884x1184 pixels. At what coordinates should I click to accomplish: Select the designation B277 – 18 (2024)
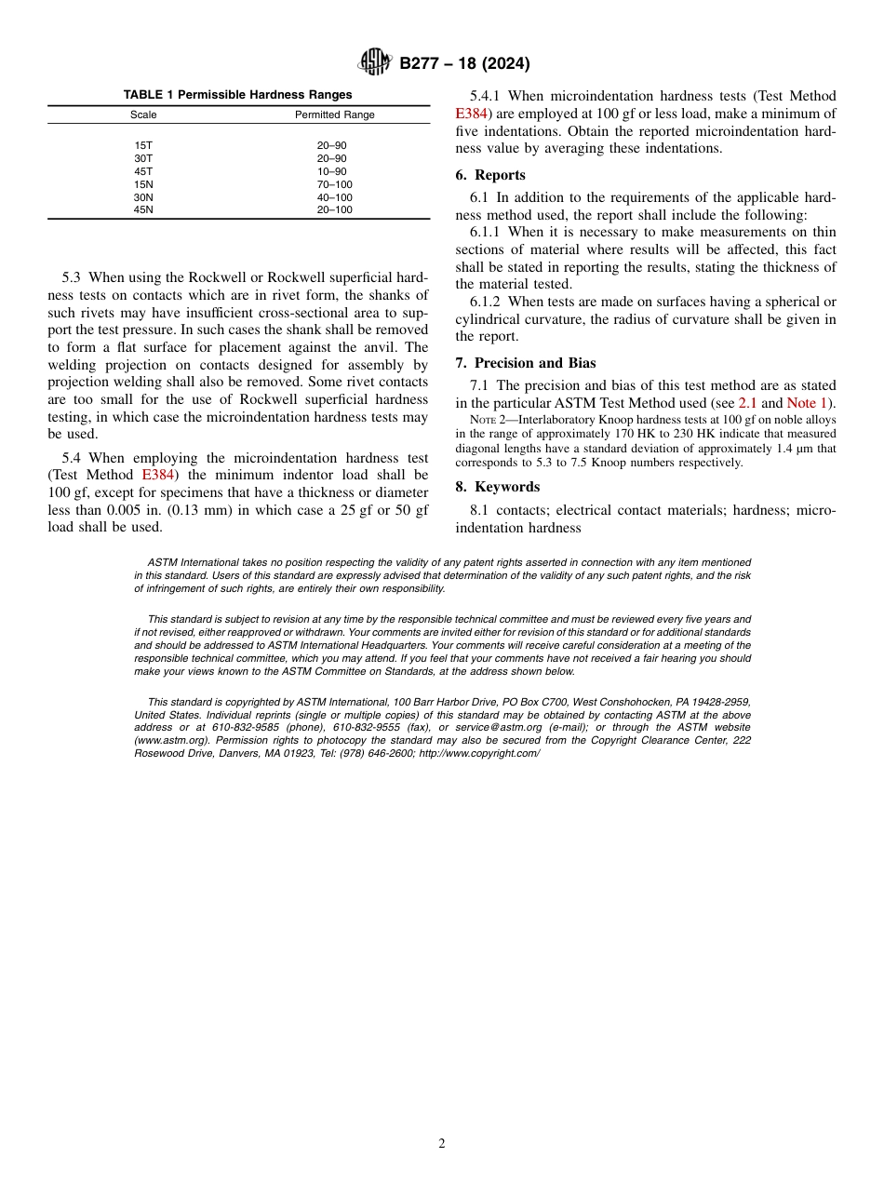(x=464, y=64)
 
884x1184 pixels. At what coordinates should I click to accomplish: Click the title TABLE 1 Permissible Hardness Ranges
(x=238, y=95)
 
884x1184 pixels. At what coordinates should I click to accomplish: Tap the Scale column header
(x=143, y=115)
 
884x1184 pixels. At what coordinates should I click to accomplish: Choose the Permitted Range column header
(x=334, y=115)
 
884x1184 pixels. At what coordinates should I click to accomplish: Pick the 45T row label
(x=143, y=171)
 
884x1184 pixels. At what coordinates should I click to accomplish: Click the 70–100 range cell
(x=334, y=184)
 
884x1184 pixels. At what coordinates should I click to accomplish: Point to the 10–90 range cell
(x=331, y=171)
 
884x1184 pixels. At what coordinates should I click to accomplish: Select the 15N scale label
(x=143, y=184)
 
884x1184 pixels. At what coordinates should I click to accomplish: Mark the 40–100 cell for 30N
(x=334, y=197)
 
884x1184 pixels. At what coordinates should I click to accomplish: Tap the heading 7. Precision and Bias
(x=526, y=363)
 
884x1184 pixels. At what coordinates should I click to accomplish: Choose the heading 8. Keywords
(x=498, y=487)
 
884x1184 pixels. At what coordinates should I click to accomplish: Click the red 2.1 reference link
(x=747, y=403)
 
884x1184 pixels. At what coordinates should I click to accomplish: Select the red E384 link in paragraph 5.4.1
(x=471, y=114)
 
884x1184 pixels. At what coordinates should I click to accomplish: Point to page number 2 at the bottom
(x=442, y=1144)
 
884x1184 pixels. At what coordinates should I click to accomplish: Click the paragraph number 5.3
(x=74, y=277)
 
